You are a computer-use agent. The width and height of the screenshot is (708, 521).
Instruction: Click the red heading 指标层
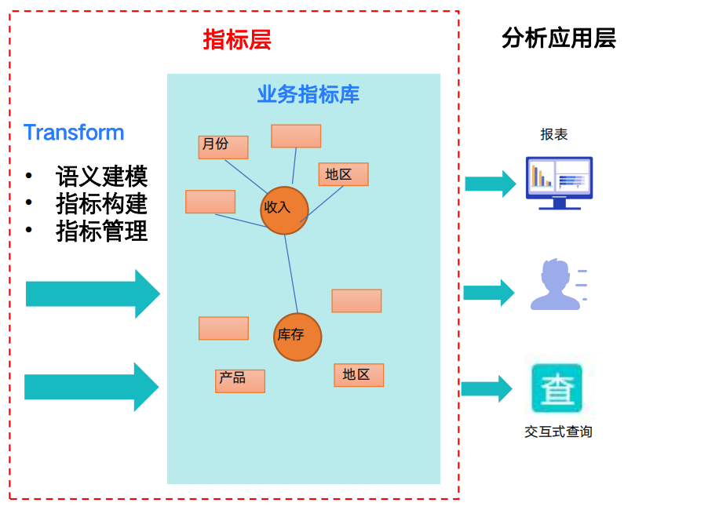tap(237, 40)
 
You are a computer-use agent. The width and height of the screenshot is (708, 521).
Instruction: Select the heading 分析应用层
tap(559, 38)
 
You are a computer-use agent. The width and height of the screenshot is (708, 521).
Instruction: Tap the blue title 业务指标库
tap(308, 94)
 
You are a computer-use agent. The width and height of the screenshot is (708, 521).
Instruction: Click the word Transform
tap(74, 133)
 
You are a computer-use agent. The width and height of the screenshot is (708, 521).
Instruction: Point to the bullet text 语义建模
tap(101, 176)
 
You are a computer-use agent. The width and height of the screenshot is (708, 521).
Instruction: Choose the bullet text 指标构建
tap(101, 204)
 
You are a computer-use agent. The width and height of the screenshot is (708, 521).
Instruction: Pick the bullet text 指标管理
tap(101, 231)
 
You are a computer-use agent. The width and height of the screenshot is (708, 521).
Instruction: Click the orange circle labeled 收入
tap(284, 210)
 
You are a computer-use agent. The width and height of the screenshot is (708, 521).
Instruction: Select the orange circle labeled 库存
tap(297, 337)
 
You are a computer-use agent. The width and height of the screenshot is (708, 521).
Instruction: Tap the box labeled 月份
tap(224, 148)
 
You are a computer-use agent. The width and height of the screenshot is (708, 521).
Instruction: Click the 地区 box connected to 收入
tap(344, 174)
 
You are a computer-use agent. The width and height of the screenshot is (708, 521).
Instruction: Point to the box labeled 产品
tap(240, 381)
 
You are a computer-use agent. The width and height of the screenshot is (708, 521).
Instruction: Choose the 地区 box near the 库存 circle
tap(359, 375)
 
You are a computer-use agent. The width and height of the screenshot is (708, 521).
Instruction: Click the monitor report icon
tap(560, 183)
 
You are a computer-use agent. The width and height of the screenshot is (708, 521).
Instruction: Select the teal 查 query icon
tap(557, 388)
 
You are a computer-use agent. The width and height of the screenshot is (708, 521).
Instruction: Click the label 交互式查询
tap(559, 432)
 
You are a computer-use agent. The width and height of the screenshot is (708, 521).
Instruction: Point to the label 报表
tap(554, 134)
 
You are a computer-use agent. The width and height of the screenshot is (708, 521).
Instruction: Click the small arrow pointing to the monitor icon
tap(491, 184)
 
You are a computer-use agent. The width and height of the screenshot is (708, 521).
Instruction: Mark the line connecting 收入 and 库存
tap(291, 274)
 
